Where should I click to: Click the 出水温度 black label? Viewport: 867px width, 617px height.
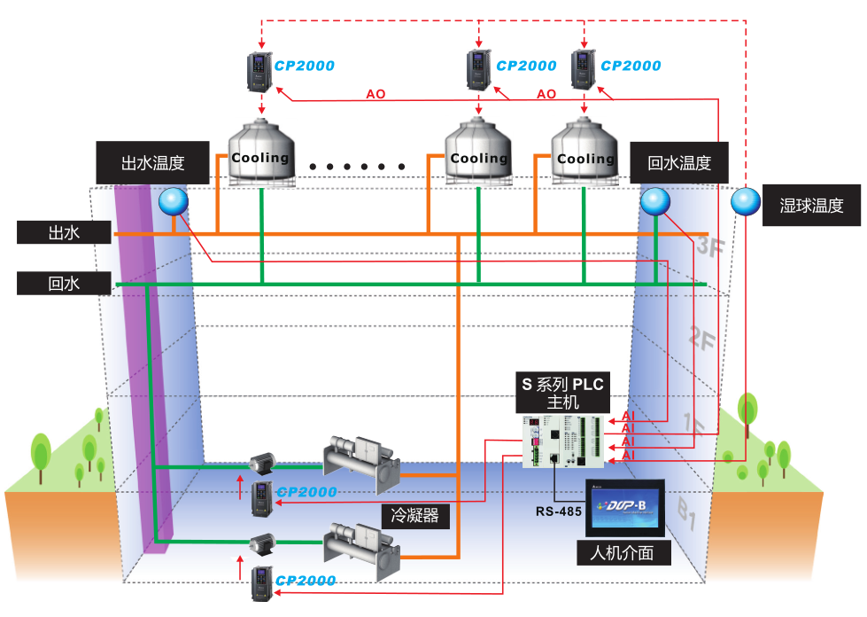pos(152,163)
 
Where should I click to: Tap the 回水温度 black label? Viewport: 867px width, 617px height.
pos(679,163)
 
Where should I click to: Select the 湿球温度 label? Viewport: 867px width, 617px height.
pos(811,206)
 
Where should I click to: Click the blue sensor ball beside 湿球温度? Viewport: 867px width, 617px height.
pos(746,202)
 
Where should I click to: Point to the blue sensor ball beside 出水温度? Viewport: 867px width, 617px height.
pos(174,202)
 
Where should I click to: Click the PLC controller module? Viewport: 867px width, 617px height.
pos(562,441)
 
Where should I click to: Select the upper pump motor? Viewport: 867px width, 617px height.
pos(261,462)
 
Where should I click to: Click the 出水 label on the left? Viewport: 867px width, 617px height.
pos(64,232)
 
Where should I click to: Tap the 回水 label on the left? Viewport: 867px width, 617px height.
pos(64,284)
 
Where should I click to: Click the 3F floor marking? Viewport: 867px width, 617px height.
pos(708,247)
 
